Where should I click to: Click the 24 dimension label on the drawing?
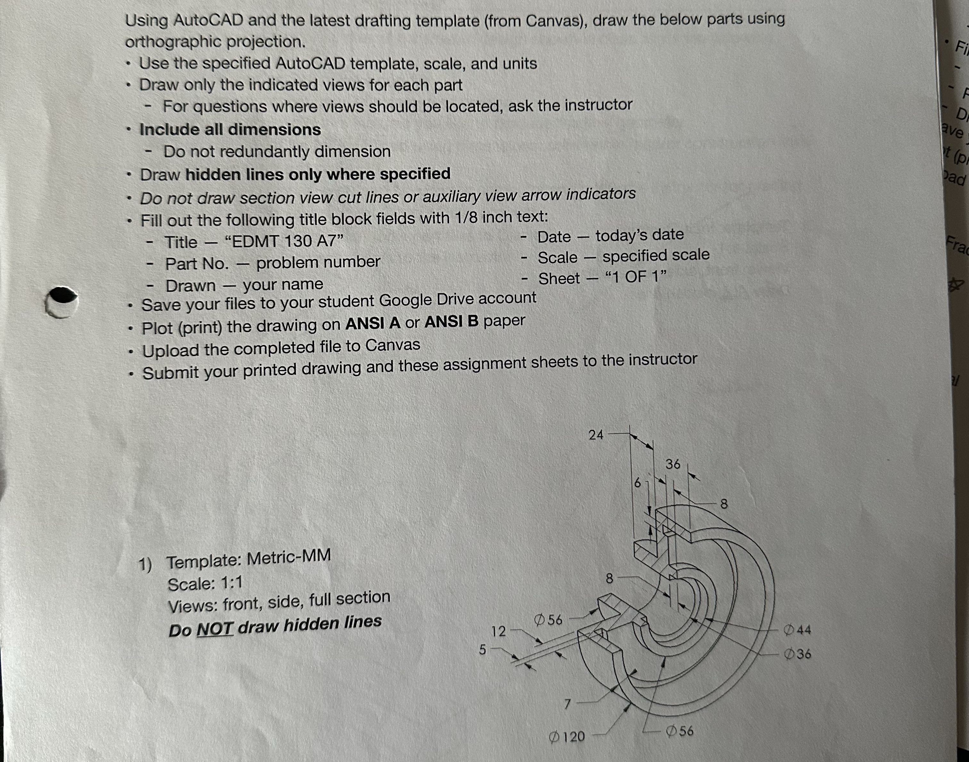click(x=596, y=435)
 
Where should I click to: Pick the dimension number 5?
click(x=482, y=650)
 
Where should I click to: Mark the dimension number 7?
click(x=567, y=704)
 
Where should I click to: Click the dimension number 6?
click(x=638, y=483)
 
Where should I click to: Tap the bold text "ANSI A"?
click(x=373, y=323)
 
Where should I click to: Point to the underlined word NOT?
click(x=215, y=629)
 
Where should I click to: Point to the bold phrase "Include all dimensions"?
click(x=230, y=129)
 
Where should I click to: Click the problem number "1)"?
click(x=145, y=564)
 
